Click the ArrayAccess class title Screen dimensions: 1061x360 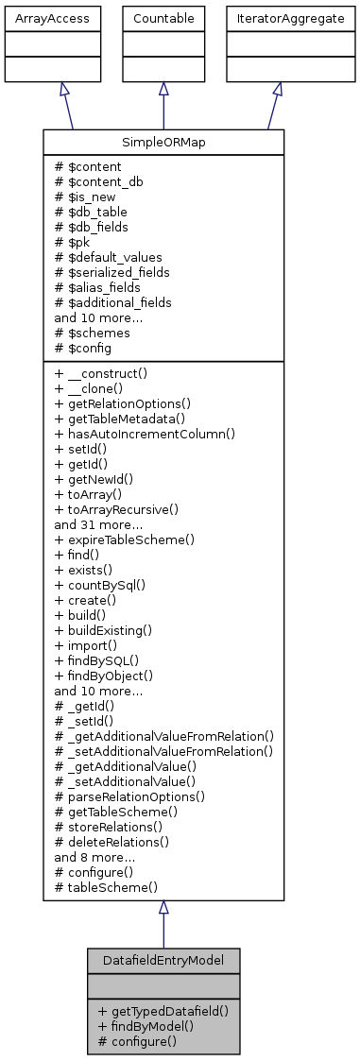point(39,18)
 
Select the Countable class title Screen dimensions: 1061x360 point(163,18)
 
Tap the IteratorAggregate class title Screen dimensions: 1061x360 point(278,18)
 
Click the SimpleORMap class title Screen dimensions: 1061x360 point(163,142)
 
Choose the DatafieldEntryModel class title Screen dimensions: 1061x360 point(163,960)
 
